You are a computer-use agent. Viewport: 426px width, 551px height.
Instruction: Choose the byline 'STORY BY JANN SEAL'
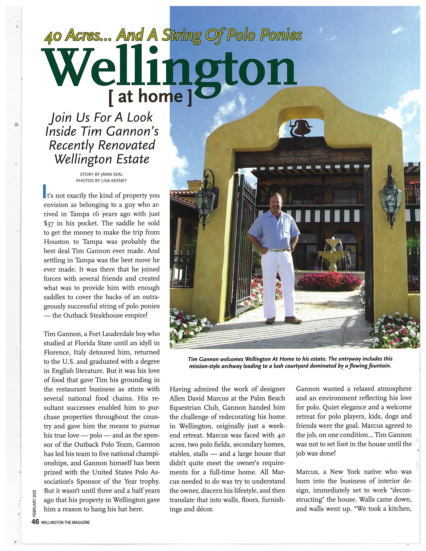point(101,174)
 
